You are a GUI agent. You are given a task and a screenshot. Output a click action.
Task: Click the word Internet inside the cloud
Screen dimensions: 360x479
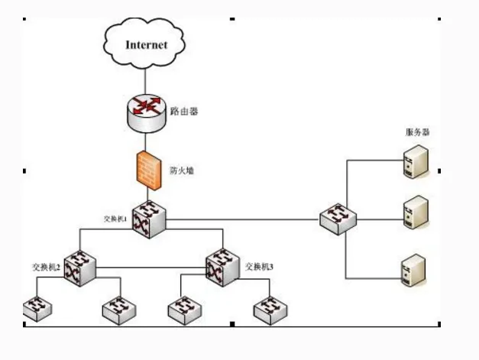click(x=146, y=45)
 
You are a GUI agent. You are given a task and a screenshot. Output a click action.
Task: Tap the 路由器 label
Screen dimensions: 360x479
click(x=184, y=111)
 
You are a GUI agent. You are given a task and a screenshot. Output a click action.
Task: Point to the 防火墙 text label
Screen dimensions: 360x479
click(x=181, y=170)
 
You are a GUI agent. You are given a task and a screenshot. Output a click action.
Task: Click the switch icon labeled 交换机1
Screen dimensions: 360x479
click(x=147, y=220)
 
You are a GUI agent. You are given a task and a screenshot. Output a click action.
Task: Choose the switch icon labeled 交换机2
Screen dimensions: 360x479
click(x=79, y=268)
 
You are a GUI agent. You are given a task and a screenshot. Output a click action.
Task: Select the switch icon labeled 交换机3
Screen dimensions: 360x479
click(x=222, y=267)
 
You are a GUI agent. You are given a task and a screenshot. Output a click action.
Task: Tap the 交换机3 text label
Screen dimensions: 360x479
click(x=260, y=268)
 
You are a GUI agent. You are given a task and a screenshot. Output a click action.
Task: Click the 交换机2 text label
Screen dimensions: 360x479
click(x=45, y=267)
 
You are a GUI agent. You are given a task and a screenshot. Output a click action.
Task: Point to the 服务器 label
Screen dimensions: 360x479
click(x=417, y=132)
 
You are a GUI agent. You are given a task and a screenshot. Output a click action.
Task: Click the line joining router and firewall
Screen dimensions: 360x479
click(x=145, y=141)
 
